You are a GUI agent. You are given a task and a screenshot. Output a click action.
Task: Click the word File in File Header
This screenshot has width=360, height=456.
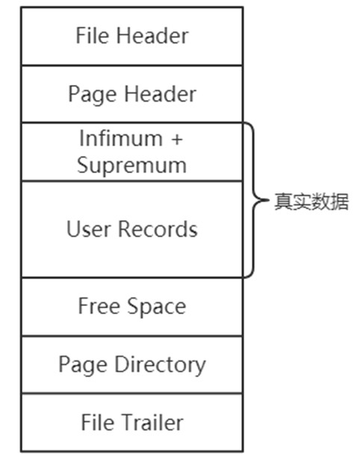[93, 36]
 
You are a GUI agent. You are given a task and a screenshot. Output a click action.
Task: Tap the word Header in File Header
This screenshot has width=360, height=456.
[152, 36]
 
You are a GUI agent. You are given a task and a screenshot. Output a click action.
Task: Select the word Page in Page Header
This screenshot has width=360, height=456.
[93, 95]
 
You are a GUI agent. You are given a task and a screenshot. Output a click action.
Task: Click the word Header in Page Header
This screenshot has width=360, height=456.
[160, 94]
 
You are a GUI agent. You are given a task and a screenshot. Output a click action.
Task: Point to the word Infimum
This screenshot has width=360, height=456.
[121, 138]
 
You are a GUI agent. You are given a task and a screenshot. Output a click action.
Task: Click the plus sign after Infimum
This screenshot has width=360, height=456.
[177, 139]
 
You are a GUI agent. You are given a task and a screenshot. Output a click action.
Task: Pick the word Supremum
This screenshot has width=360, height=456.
[132, 165]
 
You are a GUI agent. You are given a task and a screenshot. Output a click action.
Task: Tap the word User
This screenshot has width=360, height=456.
[89, 229]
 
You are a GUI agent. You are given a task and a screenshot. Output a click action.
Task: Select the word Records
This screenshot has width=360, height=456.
[158, 229]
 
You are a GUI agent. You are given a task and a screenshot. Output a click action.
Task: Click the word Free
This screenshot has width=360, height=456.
[99, 306]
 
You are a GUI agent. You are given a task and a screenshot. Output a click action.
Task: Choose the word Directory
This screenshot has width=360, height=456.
[160, 365]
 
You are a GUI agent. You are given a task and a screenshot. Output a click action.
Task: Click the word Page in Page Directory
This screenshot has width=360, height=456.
[83, 365]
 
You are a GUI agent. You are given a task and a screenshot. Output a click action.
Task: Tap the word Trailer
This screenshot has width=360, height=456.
[152, 422]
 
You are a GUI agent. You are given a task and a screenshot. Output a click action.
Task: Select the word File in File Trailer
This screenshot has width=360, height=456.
[98, 422]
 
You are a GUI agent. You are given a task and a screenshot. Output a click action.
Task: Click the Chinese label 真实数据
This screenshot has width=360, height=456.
[311, 202]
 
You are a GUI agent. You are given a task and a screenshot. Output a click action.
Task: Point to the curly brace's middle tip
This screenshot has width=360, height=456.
[268, 200]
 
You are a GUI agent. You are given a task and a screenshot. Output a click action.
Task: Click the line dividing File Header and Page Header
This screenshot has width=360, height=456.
[132, 66]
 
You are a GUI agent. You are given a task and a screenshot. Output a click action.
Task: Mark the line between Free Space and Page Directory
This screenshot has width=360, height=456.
[132, 336]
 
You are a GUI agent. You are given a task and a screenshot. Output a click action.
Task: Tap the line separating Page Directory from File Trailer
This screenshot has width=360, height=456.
[132, 393]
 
